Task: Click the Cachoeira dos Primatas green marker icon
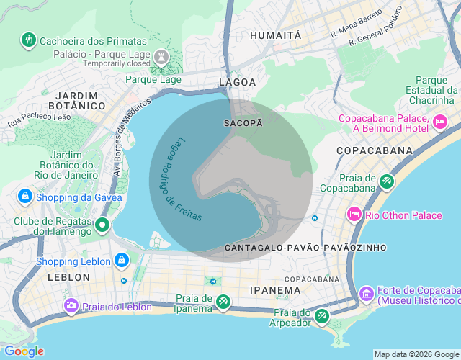click(29, 39)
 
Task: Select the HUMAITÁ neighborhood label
click(275, 35)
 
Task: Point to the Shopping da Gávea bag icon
click(24, 197)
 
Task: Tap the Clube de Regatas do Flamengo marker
click(102, 225)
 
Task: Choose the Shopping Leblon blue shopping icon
click(122, 260)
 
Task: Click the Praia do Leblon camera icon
click(71, 306)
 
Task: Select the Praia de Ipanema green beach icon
click(223, 302)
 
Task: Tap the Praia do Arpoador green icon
click(321, 316)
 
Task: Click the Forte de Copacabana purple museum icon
click(366, 293)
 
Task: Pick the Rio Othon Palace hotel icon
click(354, 214)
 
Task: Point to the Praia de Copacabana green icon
click(387, 181)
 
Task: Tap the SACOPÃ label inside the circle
click(243, 123)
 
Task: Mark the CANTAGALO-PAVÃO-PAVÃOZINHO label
click(305, 247)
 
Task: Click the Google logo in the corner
click(24, 351)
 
